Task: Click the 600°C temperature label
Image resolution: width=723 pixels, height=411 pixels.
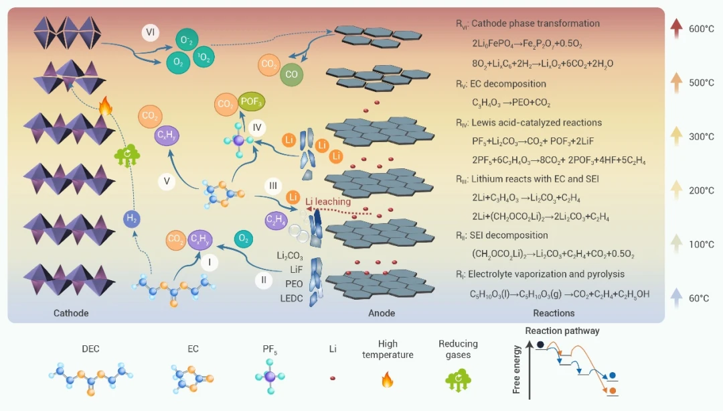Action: pyautogui.click(x=702, y=29)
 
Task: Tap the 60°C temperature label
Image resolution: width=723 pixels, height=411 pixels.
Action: pyautogui.click(x=699, y=298)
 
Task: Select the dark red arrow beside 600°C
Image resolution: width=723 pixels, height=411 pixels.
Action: pyautogui.click(x=676, y=28)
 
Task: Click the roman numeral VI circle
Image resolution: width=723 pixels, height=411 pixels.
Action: pyautogui.click(x=151, y=32)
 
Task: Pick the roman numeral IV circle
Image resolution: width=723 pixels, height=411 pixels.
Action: pyautogui.click(x=257, y=127)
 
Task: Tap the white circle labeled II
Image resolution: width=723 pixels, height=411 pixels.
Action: pyautogui.click(x=264, y=280)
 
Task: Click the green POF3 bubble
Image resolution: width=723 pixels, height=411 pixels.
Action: pyautogui.click(x=251, y=102)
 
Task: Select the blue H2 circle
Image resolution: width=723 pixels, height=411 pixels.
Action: pyautogui.click(x=132, y=219)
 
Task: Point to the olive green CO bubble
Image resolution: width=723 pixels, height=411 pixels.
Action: pyautogui.click(x=291, y=74)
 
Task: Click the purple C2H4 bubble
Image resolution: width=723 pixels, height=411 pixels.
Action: pyautogui.click(x=276, y=221)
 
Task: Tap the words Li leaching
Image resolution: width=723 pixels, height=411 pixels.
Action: pyautogui.click(x=328, y=202)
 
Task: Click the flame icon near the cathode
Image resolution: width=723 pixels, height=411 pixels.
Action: pyautogui.click(x=106, y=106)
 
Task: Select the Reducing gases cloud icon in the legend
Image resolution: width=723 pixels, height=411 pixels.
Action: pyautogui.click(x=458, y=380)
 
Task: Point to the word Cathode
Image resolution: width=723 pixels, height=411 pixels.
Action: pyautogui.click(x=71, y=313)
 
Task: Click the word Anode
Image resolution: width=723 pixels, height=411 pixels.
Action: pyautogui.click(x=382, y=313)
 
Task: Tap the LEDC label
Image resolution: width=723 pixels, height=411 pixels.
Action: pyautogui.click(x=291, y=298)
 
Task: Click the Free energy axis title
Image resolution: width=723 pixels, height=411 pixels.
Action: pyautogui.click(x=516, y=369)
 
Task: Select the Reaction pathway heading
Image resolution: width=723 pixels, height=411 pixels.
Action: pyautogui.click(x=562, y=331)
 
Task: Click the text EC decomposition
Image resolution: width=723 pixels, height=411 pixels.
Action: pyautogui.click(x=508, y=84)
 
